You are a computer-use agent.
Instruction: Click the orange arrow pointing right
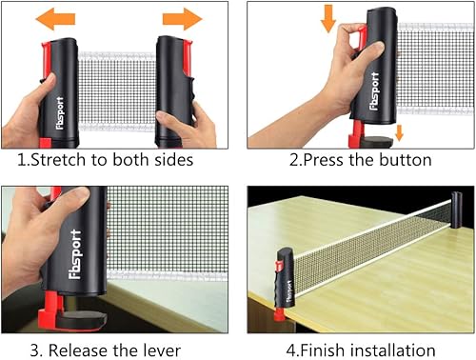coord(181,17)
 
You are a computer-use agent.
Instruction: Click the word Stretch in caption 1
coord(63,159)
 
